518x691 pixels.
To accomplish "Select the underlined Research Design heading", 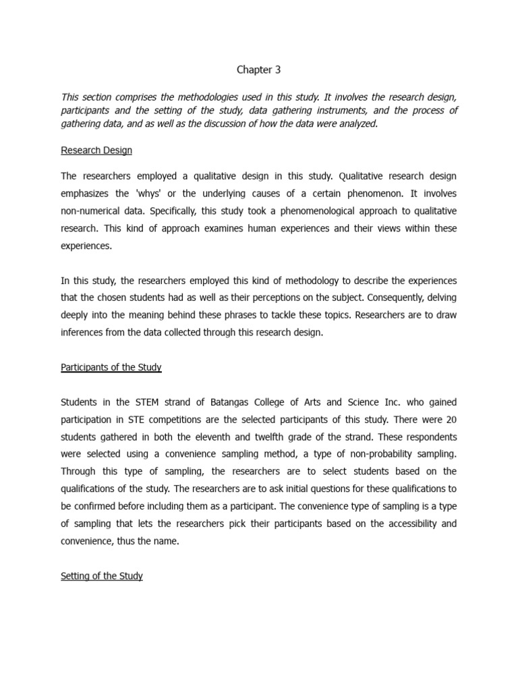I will [96, 150].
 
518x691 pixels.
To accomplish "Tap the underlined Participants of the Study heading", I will [111, 368].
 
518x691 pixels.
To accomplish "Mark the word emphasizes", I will [89, 193].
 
